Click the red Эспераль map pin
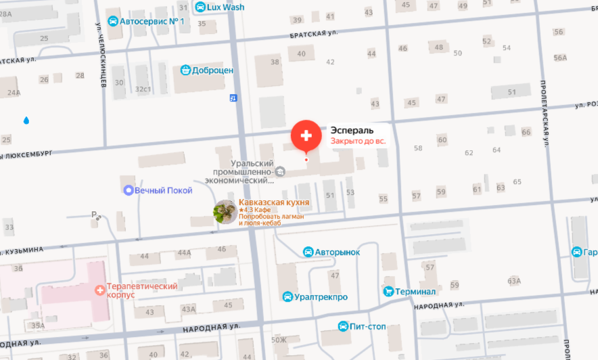tap(306, 135)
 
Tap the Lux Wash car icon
tap(200, 7)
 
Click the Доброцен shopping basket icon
tap(185, 70)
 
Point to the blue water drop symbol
tap(26, 120)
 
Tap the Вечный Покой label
tap(163, 190)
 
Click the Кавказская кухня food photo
tap(225, 212)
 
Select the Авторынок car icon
tap(308, 252)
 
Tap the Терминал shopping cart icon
tap(388, 291)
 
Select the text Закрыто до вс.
tap(358, 141)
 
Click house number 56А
tap(560, 58)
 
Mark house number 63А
tap(514, 281)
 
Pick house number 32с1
tap(142, 89)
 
